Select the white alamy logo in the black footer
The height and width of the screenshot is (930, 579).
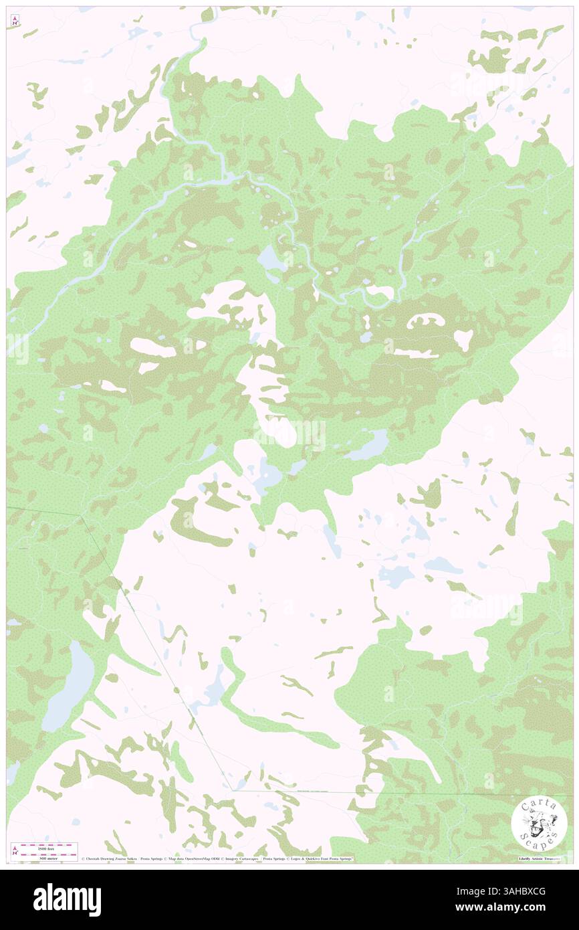click(x=67, y=900)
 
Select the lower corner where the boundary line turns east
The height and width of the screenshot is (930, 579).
click(x=233, y=790)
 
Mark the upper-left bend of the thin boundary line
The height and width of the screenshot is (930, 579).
click(x=82, y=516)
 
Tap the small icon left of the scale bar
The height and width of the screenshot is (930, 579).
click(x=15, y=849)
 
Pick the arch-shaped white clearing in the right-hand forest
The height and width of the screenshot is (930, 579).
click(x=426, y=322)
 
